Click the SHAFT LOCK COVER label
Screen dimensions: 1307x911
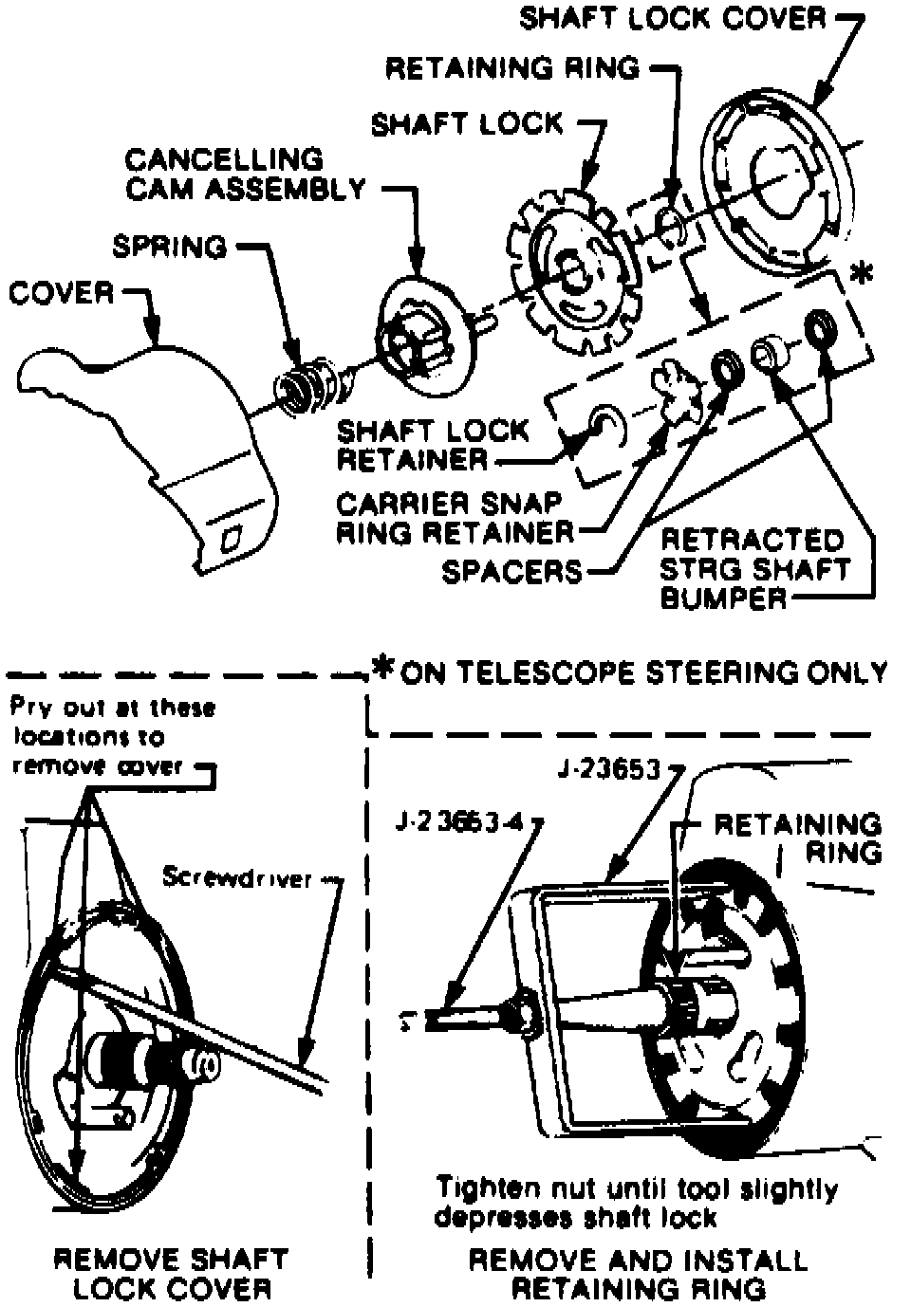tap(673, 19)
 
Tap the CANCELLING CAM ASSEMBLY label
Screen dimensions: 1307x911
tap(244, 174)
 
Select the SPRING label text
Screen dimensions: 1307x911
tap(170, 247)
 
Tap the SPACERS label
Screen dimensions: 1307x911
tap(511, 571)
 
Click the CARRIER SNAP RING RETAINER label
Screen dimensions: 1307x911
tap(455, 517)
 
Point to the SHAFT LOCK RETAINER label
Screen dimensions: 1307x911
tap(433, 445)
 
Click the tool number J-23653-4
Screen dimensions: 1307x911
tap(459, 822)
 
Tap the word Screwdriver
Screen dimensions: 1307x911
tap(237, 877)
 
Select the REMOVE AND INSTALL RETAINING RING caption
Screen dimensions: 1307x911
tap(638, 1274)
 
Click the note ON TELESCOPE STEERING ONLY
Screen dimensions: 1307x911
tap(643, 672)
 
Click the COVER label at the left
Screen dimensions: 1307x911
tap(62, 293)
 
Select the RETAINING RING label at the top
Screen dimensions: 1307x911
tap(512, 68)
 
